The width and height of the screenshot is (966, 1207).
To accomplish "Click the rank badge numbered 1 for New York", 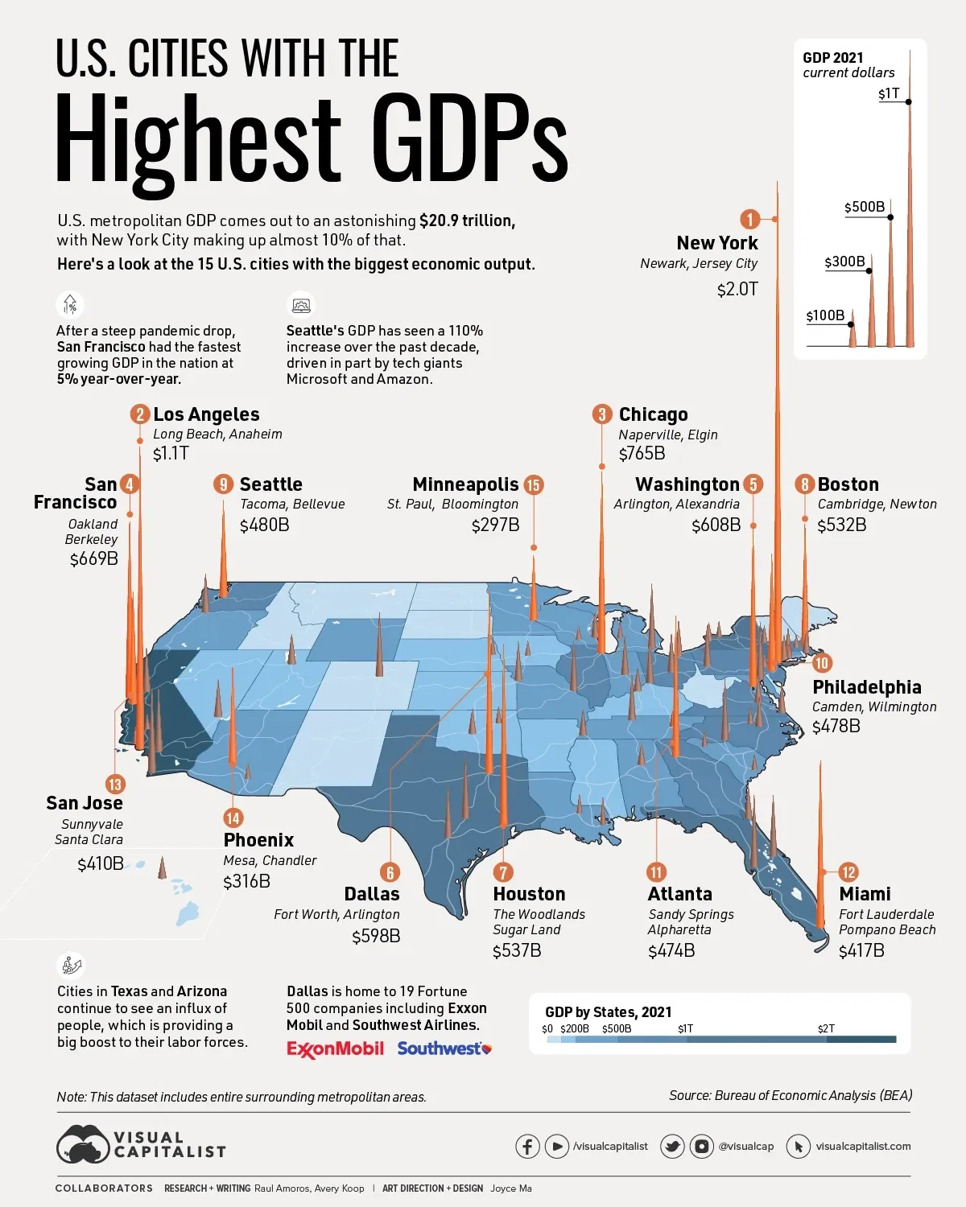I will [749, 219].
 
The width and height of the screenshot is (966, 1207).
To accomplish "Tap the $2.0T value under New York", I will [737, 289].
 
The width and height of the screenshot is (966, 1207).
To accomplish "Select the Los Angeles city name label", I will [206, 414].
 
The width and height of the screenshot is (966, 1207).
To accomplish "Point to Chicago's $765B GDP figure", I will [642, 454].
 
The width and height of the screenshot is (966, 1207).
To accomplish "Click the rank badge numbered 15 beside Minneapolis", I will [533, 484].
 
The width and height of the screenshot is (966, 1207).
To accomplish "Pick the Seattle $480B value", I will [264, 525].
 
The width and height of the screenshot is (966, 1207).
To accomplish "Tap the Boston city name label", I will [848, 484].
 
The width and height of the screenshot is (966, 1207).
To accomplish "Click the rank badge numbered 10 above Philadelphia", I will [821, 663].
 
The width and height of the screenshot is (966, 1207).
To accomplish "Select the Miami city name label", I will [865, 894].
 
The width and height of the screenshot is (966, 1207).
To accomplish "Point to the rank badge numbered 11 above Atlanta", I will [656, 872].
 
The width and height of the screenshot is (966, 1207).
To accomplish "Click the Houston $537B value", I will [517, 950].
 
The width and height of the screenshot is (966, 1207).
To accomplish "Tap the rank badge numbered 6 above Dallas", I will [390, 872].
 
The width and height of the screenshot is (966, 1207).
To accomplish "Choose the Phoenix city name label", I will [258, 840].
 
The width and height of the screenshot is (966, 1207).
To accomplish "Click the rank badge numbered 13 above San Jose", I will [115, 785].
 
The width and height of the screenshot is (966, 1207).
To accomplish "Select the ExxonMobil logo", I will [335, 1048].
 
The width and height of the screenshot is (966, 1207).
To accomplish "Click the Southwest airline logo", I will [444, 1048].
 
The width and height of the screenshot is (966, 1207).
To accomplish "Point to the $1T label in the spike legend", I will [889, 94].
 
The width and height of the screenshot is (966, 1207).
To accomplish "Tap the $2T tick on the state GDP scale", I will [826, 1029].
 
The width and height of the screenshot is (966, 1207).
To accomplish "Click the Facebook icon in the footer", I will [527, 1146].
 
